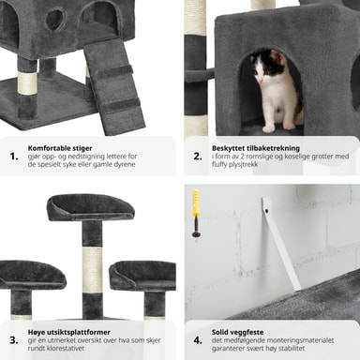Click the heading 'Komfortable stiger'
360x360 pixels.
tap(60, 148)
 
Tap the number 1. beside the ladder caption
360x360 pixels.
tap(14, 157)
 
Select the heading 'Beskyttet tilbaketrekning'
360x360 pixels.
tap(256, 148)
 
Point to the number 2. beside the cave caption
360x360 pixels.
tap(198, 157)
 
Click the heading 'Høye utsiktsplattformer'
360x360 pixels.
tap(69, 332)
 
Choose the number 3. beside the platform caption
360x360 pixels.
tap(14, 340)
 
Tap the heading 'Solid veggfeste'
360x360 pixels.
tap(237, 332)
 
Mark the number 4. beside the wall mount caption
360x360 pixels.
tap(198, 340)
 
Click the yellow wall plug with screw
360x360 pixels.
tap(196, 213)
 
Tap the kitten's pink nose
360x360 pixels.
tap(261, 82)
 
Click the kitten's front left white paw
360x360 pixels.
tap(268, 128)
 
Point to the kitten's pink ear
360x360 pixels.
tap(276, 57)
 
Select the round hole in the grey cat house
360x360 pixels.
tap(55, 19)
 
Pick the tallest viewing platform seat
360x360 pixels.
tap(91, 207)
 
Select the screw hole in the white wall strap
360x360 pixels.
tap(266, 211)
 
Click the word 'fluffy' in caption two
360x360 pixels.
tap(221, 165)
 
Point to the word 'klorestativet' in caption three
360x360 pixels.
tap(66, 348)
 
